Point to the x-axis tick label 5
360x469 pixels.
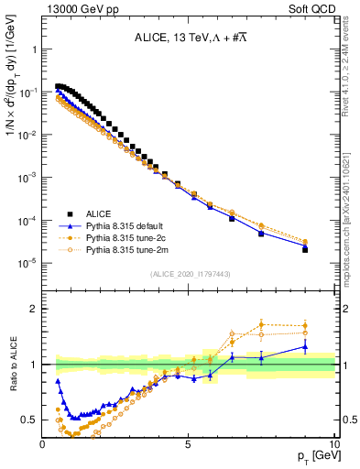click(188, 445)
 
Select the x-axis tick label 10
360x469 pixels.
click(333, 445)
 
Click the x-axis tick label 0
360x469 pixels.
click(43, 445)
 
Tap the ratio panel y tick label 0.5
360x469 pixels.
click(29, 420)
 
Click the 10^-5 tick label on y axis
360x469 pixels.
click(27, 263)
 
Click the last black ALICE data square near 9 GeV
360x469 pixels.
click(305, 249)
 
